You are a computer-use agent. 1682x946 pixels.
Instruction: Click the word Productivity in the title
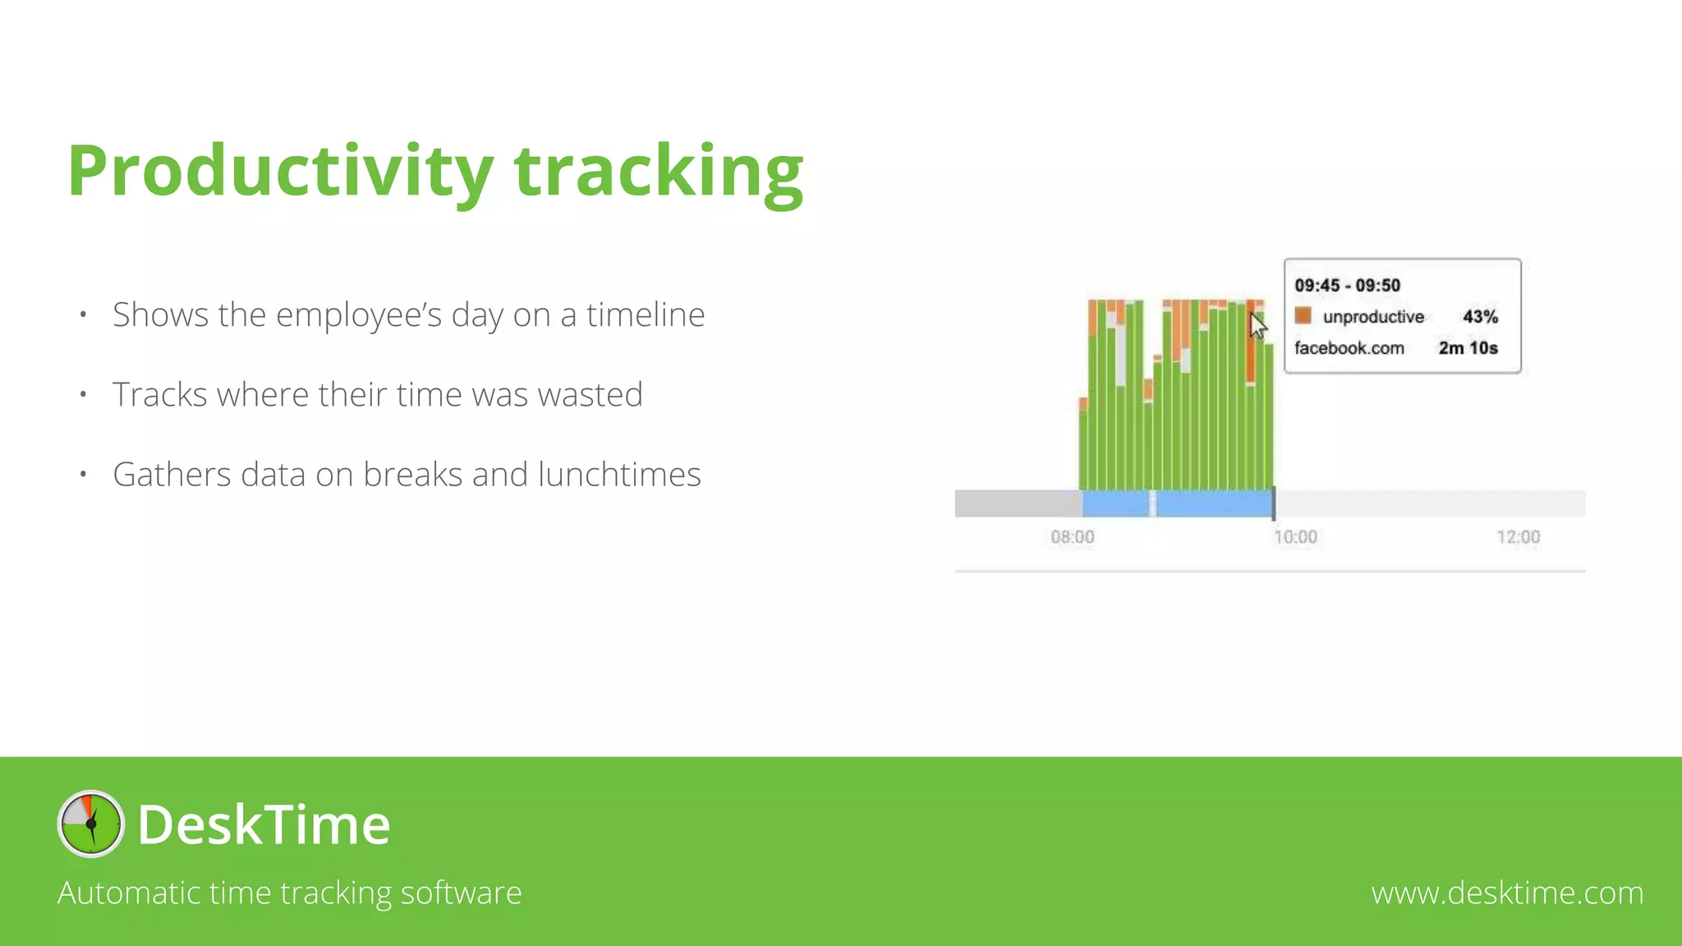279,171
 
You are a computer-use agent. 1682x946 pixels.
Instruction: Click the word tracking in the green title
658,171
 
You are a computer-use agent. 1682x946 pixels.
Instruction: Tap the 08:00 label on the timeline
1072,537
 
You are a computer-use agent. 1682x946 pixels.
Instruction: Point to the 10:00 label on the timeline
1295,537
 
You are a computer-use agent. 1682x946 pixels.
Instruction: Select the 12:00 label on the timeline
1518,537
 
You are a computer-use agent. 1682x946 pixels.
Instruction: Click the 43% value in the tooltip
1480,317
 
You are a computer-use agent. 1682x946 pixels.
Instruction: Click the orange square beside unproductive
1303,316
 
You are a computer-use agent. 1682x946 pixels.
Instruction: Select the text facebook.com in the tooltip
1349,348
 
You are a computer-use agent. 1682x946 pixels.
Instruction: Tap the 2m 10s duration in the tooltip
1468,348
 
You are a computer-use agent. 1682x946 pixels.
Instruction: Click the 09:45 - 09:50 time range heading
1347,286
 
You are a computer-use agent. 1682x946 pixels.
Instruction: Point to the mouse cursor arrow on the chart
1257,324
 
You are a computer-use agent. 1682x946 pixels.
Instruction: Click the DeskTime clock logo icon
91,824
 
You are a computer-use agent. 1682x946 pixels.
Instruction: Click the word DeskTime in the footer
264,824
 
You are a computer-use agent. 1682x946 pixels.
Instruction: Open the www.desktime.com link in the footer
1507,893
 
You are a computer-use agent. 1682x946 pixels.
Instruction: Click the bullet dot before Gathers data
83,474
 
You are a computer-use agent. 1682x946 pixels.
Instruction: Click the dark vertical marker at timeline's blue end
1274,503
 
